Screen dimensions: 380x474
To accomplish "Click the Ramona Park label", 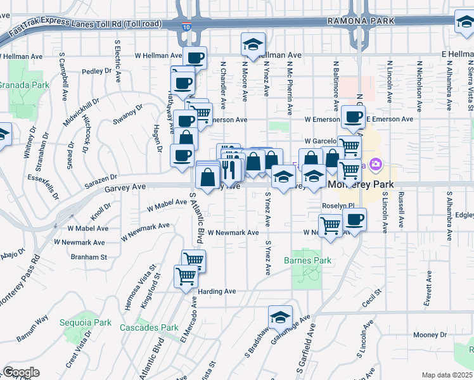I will pos(361,21).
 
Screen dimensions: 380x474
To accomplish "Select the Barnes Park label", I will pos(308,260).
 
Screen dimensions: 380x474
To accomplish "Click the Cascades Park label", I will pos(149,327).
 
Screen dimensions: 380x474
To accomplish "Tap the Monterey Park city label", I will pos(361,184).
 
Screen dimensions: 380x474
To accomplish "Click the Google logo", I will pos(21,372).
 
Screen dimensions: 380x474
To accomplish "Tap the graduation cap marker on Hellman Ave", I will pos(253,45).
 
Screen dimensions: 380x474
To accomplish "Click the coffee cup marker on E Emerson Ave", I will pos(353,117).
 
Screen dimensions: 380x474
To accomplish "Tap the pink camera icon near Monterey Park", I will pos(376,165).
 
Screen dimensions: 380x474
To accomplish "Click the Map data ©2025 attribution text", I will pos(447,375).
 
